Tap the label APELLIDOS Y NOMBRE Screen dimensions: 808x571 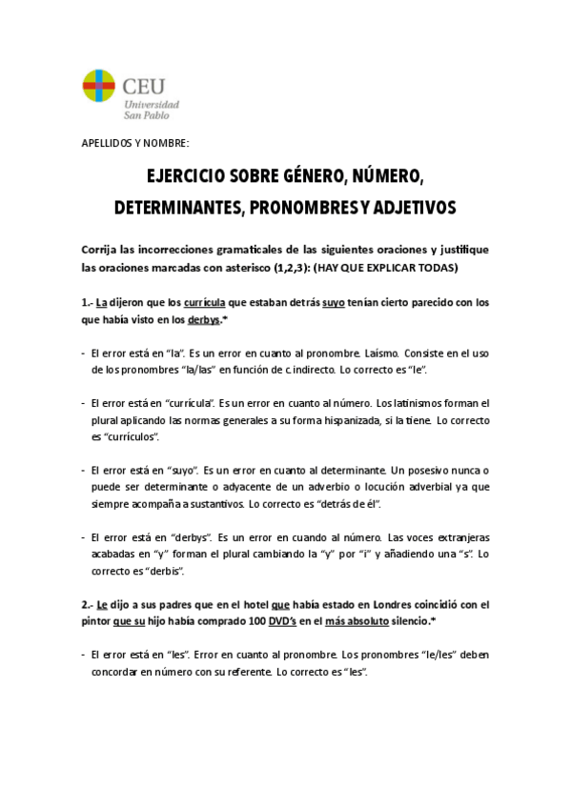click(136, 143)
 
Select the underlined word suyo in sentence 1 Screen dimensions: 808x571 click(333, 303)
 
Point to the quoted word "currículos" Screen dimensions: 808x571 click(131, 435)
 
